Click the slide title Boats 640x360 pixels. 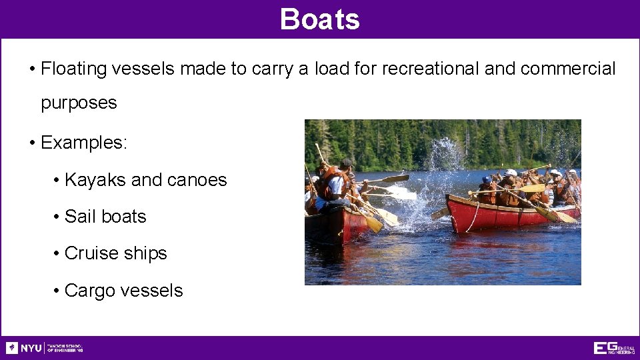(320, 19)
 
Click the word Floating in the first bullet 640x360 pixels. (75, 69)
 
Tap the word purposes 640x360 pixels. (79, 103)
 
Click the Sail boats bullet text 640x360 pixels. (105, 217)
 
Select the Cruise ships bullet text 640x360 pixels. (116, 253)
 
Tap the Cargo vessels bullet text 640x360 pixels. (123, 291)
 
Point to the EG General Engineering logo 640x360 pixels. (614, 348)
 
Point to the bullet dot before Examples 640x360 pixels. (33, 143)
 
